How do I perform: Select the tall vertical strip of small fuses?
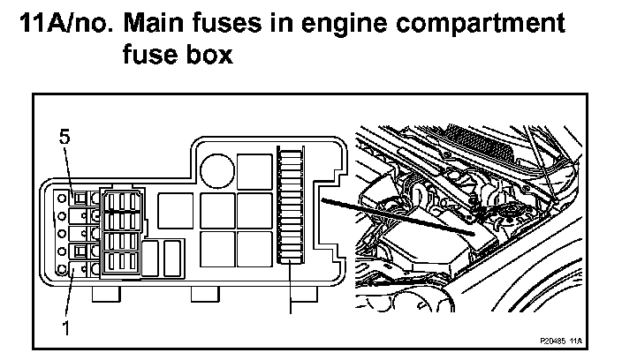click(290, 205)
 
